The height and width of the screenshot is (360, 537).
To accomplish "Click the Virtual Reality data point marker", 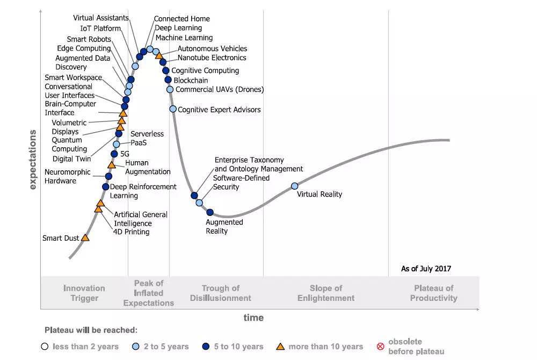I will (294, 186).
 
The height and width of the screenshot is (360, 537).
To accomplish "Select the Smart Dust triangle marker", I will (85, 237).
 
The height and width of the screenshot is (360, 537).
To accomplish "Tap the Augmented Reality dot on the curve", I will (210, 212).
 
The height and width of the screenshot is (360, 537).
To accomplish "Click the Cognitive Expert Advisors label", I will (219, 110).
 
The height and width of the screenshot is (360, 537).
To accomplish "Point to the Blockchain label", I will (191, 81).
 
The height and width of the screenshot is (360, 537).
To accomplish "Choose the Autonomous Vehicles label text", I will (212, 49).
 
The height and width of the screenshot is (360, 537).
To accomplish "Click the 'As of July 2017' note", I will (426, 269).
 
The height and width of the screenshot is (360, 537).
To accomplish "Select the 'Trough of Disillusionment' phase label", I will (220, 293).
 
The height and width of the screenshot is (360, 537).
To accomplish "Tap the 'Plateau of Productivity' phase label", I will (433, 293).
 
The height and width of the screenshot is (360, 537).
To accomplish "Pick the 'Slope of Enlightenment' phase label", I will (326, 293).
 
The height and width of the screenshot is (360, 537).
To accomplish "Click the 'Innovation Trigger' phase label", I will (84, 293).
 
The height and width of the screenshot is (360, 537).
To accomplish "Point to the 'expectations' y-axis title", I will (33, 160).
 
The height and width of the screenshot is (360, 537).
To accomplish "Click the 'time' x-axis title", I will (253, 318).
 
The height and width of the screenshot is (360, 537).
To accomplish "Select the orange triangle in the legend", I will (280, 347).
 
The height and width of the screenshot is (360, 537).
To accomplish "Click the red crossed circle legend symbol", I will (380, 347).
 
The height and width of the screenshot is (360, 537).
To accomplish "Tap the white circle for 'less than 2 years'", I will (45, 347).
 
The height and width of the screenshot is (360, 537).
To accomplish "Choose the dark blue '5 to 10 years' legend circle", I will (206, 347).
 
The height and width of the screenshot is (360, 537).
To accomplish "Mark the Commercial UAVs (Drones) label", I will (220, 90).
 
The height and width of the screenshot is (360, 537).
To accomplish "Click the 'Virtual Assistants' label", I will (101, 18).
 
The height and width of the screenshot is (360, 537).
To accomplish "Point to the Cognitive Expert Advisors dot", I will (173, 109).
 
